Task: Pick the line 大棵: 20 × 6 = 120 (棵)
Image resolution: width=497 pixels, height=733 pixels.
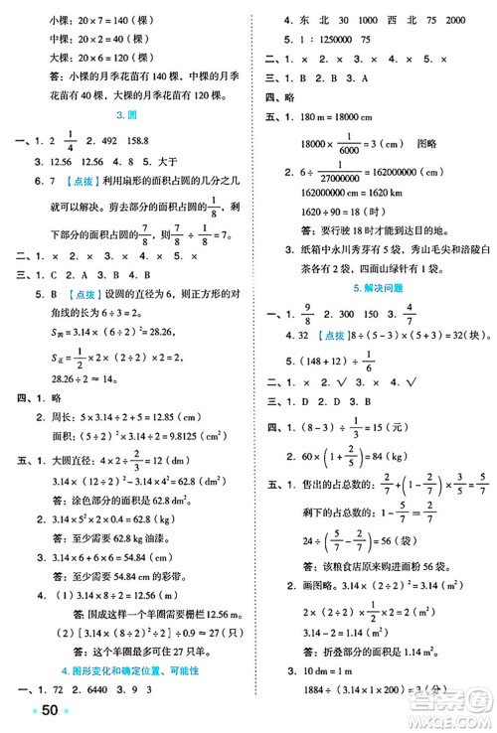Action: (93, 57)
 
